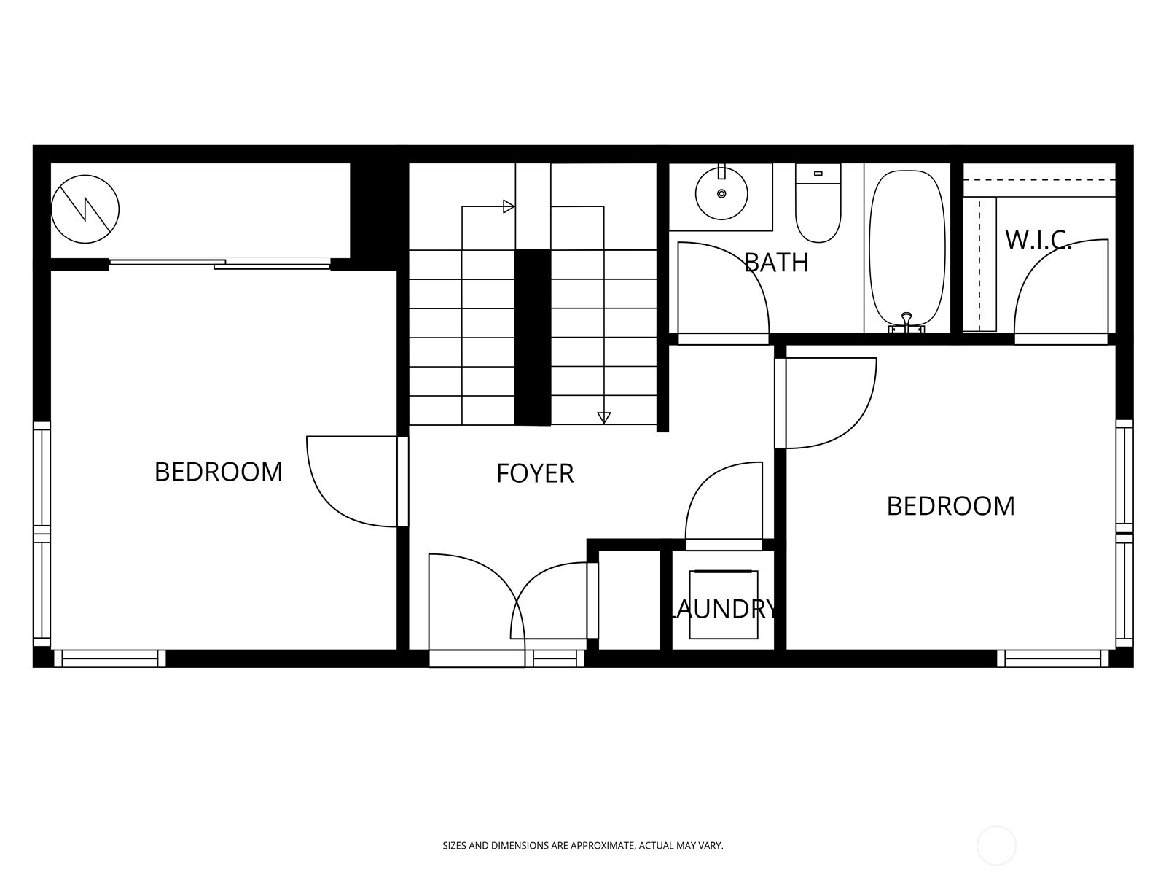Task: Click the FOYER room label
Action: [535, 474]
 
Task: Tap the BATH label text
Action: [776, 262]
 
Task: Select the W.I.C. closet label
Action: [1038, 239]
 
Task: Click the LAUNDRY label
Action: [722, 609]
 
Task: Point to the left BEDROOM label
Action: [219, 472]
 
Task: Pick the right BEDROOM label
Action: [950, 506]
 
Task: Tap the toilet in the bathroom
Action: [818, 208]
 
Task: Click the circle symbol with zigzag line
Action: [85, 209]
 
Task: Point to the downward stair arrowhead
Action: [603, 417]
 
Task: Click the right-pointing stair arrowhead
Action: [509, 206]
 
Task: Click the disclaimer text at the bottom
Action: [583, 846]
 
